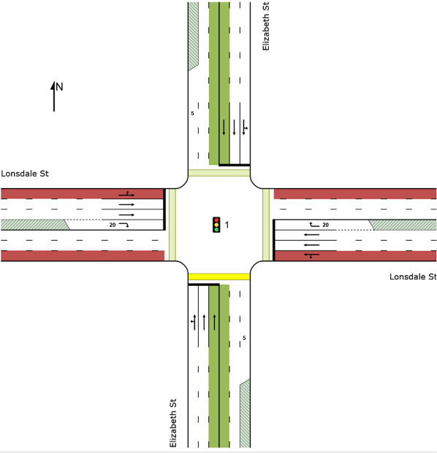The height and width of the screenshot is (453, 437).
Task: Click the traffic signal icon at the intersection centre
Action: (216, 225)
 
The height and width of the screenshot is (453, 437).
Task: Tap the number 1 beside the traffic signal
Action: (227, 225)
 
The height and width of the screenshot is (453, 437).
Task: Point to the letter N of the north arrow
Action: (59, 87)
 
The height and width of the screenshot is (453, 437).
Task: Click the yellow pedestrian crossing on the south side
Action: (219, 276)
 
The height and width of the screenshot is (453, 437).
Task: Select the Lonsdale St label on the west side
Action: (25, 174)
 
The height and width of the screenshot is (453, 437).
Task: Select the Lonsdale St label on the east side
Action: (413, 276)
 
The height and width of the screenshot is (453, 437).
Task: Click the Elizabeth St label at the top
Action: (266, 26)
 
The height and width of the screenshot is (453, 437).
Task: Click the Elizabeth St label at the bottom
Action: (172, 423)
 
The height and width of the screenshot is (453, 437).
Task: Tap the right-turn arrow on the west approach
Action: (124, 225)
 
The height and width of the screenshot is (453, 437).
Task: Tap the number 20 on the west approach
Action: (113, 225)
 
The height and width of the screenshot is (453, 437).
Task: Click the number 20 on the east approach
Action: (326, 225)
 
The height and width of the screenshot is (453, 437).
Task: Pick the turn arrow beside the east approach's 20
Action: (314, 225)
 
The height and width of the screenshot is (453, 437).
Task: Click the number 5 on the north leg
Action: (192, 113)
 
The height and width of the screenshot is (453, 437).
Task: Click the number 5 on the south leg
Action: (244, 338)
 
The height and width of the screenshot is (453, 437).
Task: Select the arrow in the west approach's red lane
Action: (126, 194)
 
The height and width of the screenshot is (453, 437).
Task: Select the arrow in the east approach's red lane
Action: (312, 255)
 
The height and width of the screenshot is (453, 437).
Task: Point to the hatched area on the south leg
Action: (245, 414)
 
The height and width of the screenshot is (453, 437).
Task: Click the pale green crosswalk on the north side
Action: (219, 173)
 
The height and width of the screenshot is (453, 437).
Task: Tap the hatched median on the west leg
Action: (35, 225)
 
